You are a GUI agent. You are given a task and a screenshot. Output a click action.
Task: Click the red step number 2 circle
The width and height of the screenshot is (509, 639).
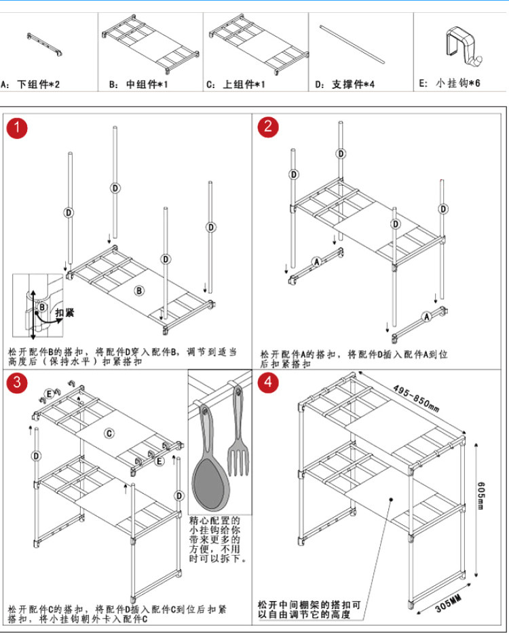tap(269, 127)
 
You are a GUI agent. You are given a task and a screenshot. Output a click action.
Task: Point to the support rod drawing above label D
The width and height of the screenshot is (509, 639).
tap(354, 45)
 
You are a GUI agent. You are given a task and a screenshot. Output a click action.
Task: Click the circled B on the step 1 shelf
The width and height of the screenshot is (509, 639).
tap(138, 291)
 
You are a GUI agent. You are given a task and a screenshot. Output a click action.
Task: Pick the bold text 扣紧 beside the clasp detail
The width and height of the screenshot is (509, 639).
tap(64, 313)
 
